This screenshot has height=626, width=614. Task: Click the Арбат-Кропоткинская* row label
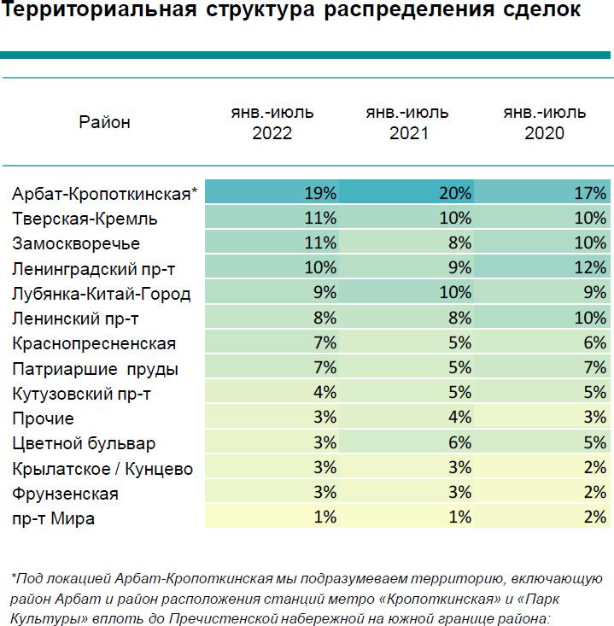104,193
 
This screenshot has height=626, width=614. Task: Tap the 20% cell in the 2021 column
456,193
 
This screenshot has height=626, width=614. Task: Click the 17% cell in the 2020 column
591,193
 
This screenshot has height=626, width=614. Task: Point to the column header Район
104,122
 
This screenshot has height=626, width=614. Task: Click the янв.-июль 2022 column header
272,123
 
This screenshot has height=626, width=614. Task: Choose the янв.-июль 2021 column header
407,123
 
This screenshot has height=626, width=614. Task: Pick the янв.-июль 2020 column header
544,123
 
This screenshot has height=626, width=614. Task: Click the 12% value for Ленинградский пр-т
591,268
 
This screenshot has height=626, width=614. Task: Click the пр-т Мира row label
54,518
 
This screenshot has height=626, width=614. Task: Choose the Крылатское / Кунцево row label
102,468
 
